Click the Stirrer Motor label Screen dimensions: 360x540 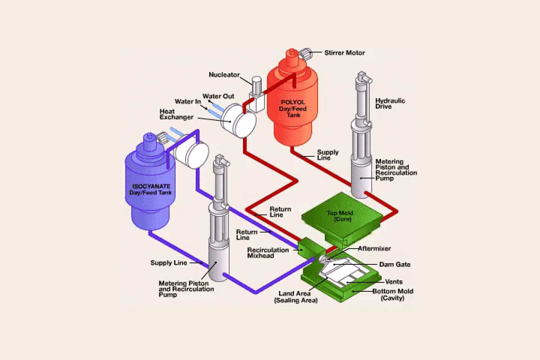click(x=344, y=53)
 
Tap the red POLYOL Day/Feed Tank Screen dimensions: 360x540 click(x=292, y=109)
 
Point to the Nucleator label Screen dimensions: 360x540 click(x=224, y=75)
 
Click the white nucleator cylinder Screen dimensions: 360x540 click(x=256, y=84)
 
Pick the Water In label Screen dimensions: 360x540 click(x=188, y=102)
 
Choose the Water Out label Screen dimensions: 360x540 click(x=218, y=96)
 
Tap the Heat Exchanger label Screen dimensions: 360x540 click(x=176, y=114)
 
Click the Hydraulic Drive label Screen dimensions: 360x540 click(x=390, y=103)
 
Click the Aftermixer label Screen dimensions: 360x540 click(x=374, y=248)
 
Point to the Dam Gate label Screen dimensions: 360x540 click(x=394, y=264)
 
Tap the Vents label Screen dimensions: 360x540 click(x=394, y=282)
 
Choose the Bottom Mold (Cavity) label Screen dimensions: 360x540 click(x=393, y=295)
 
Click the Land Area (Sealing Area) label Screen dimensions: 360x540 click(x=295, y=297)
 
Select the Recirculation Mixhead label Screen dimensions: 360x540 click(x=268, y=253)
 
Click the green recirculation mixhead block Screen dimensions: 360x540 click(x=307, y=247)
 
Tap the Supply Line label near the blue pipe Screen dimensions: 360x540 click(x=168, y=263)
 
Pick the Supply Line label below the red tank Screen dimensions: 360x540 click(x=328, y=155)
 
